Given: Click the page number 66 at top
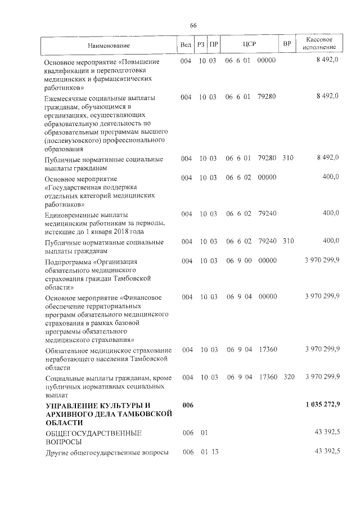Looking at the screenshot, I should point(193,26).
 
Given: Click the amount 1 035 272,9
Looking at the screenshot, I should point(322,405).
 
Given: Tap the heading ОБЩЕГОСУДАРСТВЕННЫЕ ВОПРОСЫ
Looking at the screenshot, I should point(93,438).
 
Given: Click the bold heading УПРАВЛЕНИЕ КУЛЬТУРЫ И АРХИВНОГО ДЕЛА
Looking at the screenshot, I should point(107,413).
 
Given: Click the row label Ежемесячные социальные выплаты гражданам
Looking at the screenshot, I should point(105,123).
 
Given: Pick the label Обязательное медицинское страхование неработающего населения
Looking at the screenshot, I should point(107,358).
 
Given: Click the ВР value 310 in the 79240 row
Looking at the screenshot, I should point(289,242).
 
